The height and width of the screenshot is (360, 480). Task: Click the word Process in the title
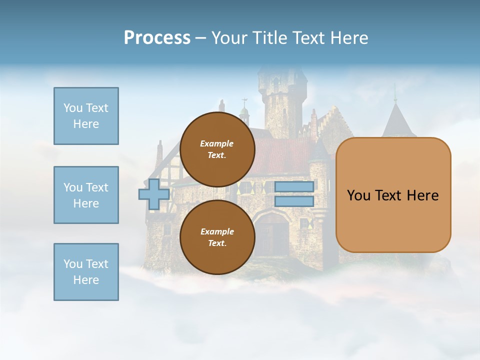[x=157, y=38]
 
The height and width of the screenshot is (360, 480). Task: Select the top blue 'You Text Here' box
[x=86, y=116]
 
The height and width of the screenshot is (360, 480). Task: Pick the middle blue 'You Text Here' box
[x=86, y=195]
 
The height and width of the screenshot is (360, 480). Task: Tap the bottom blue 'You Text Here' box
[x=86, y=272]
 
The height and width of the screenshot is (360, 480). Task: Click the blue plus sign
[x=153, y=194]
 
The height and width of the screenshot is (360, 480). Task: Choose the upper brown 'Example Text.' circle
[x=217, y=149]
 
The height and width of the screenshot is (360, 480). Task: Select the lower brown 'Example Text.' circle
[x=217, y=237]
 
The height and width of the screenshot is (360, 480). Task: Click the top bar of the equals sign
[x=294, y=186]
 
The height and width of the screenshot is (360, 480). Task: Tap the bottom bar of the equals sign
[x=294, y=201]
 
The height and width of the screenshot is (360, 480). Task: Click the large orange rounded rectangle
[x=393, y=220]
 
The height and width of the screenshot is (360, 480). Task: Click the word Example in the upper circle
[x=217, y=143]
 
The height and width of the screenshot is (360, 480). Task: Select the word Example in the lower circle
[x=217, y=231]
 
